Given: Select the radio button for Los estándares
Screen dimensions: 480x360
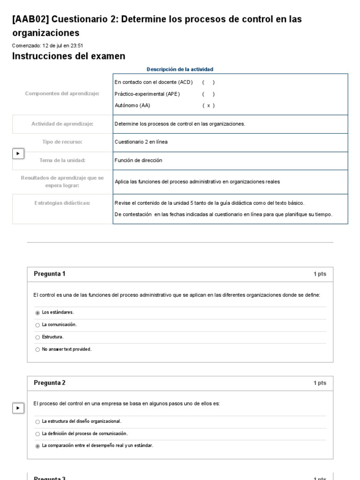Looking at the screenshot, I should (37, 313).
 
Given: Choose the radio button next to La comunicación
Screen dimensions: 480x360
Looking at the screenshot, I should (37, 325).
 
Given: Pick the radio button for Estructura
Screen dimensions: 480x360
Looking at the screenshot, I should (37, 337).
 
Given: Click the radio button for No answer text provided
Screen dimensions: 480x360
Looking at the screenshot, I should (37, 349).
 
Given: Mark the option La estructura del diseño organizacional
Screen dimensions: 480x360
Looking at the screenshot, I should (37, 422).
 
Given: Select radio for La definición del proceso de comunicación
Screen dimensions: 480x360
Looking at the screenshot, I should (37, 434).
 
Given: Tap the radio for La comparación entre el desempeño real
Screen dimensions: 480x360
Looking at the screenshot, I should (37, 446).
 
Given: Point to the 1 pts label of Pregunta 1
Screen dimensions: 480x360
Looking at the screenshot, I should (320, 274).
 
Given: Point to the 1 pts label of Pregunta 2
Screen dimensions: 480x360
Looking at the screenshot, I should (320, 383).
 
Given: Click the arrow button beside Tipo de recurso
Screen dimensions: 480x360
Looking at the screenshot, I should (18, 153).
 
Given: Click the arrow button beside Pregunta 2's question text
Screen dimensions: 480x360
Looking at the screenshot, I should (18, 408).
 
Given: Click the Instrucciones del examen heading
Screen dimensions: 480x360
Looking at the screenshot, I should (68, 56).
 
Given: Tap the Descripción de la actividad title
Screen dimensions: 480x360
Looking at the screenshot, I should (180, 69).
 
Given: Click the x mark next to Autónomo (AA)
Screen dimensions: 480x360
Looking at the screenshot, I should (209, 105).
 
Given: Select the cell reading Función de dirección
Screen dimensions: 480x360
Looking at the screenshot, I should (138, 160).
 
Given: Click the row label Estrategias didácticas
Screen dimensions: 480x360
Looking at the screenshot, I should (62, 203).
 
